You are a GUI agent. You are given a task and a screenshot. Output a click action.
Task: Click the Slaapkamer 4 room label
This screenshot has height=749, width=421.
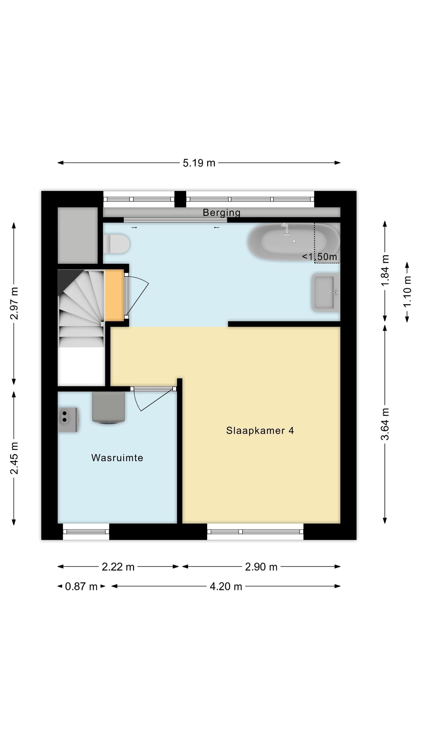(260, 431)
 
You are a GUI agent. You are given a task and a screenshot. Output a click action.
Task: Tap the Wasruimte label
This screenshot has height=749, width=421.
(117, 458)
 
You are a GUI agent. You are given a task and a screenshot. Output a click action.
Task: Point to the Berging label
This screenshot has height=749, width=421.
(221, 213)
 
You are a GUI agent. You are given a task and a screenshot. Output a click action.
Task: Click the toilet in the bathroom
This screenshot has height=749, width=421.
(116, 244)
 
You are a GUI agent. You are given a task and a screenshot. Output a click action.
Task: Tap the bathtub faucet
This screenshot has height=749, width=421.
(286, 228)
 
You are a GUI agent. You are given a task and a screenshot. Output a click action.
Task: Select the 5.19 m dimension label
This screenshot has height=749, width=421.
(199, 163)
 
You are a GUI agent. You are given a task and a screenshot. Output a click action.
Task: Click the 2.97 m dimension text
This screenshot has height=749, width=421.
(14, 303)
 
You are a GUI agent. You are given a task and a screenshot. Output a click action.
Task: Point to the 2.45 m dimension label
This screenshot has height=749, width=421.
(14, 458)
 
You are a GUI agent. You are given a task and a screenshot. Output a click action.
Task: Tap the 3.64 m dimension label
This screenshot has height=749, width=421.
(385, 424)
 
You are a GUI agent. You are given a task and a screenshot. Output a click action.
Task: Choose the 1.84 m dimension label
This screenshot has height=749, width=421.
(385, 270)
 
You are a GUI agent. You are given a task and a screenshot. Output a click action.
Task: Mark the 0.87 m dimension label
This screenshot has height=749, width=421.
(81, 586)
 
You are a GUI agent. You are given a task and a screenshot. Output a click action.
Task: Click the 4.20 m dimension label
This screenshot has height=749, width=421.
(226, 586)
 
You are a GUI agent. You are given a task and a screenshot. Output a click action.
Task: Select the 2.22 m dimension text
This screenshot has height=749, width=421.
(118, 567)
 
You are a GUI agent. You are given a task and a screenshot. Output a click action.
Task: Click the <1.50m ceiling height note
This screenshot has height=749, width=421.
(319, 257)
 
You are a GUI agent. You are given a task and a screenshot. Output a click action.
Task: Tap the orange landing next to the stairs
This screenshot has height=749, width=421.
(114, 295)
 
